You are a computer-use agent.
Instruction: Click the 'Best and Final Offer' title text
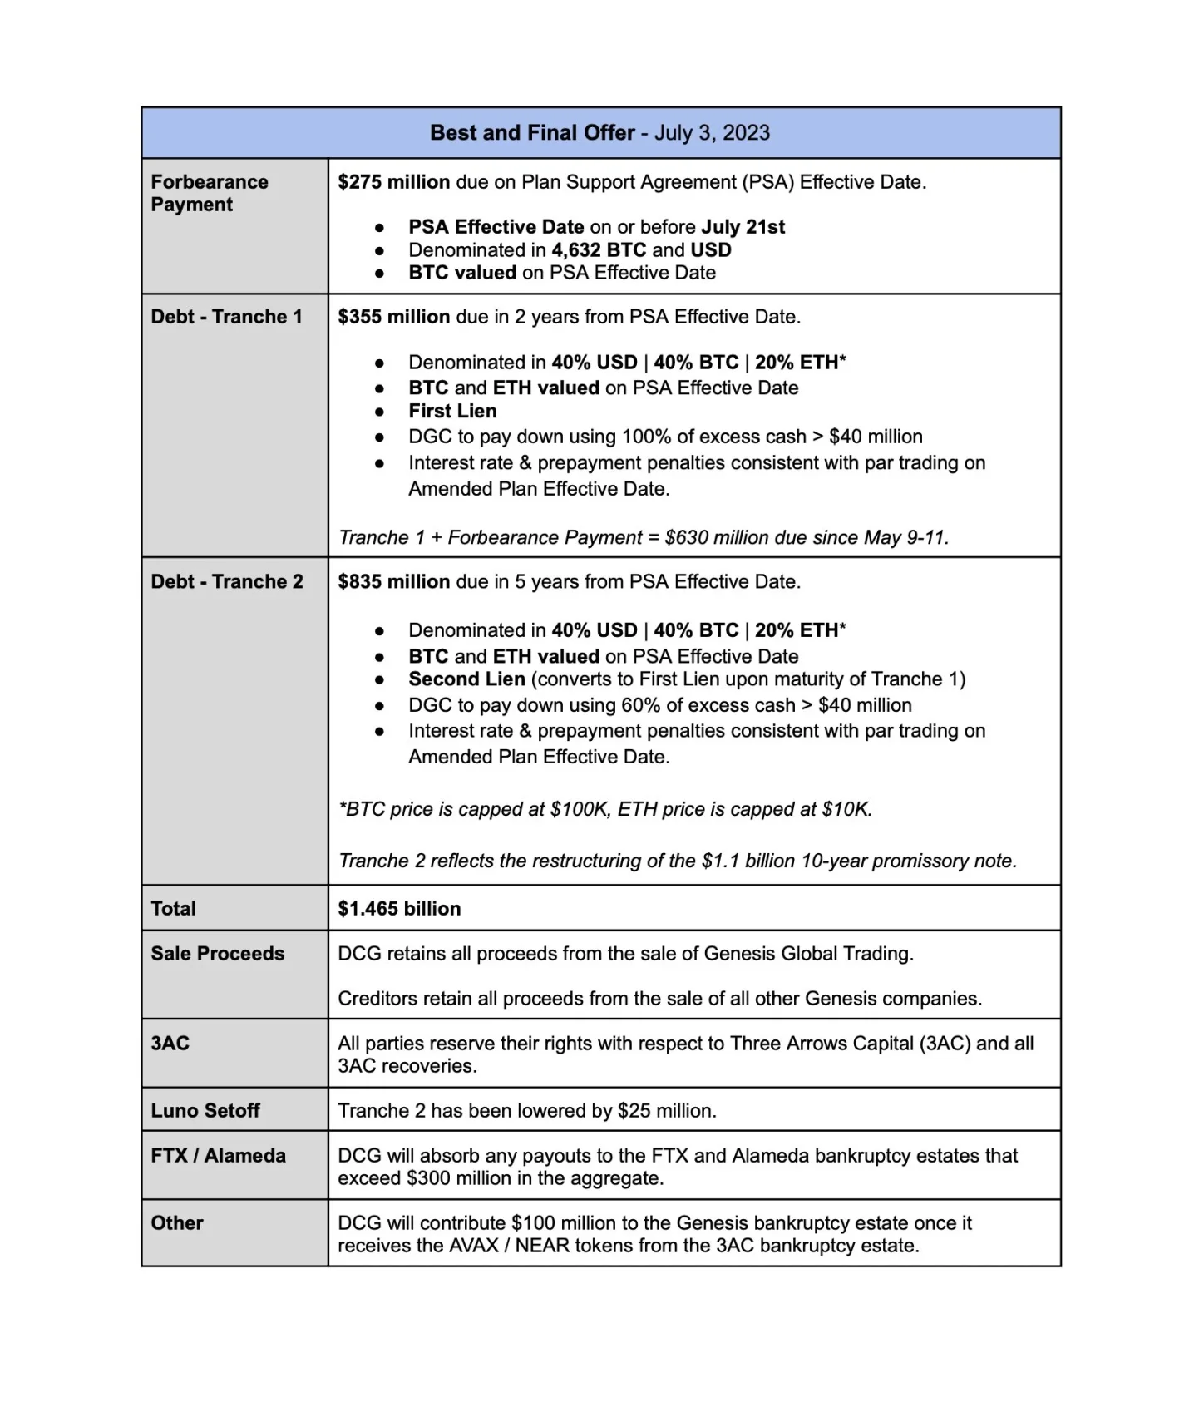click(x=532, y=133)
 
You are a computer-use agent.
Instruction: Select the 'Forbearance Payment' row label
click(x=209, y=193)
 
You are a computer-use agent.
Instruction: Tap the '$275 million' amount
click(x=393, y=182)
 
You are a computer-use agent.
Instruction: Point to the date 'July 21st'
click(x=743, y=227)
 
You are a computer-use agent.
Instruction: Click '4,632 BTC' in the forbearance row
click(x=599, y=250)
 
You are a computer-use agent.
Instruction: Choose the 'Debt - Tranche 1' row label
click(x=226, y=317)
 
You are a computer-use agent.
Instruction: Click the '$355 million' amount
click(x=393, y=317)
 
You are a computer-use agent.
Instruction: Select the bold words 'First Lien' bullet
click(x=452, y=411)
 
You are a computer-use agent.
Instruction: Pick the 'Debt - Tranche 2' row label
click(x=227, y=582)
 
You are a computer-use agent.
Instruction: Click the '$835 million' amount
click(x=393, y=582)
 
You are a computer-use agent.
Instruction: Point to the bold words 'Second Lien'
click(x=466, y=679)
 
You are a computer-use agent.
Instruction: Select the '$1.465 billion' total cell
click(x=399, y=909)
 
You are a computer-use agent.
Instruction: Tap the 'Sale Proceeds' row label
click(x=217, y=954)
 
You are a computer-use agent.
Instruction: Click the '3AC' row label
click(x=170, y=1044)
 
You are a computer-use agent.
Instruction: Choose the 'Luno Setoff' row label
click(x=205, y=1111)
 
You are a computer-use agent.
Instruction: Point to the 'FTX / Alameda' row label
click(x=218, y=1156)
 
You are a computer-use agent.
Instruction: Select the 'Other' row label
click(x=177, y=1223)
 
